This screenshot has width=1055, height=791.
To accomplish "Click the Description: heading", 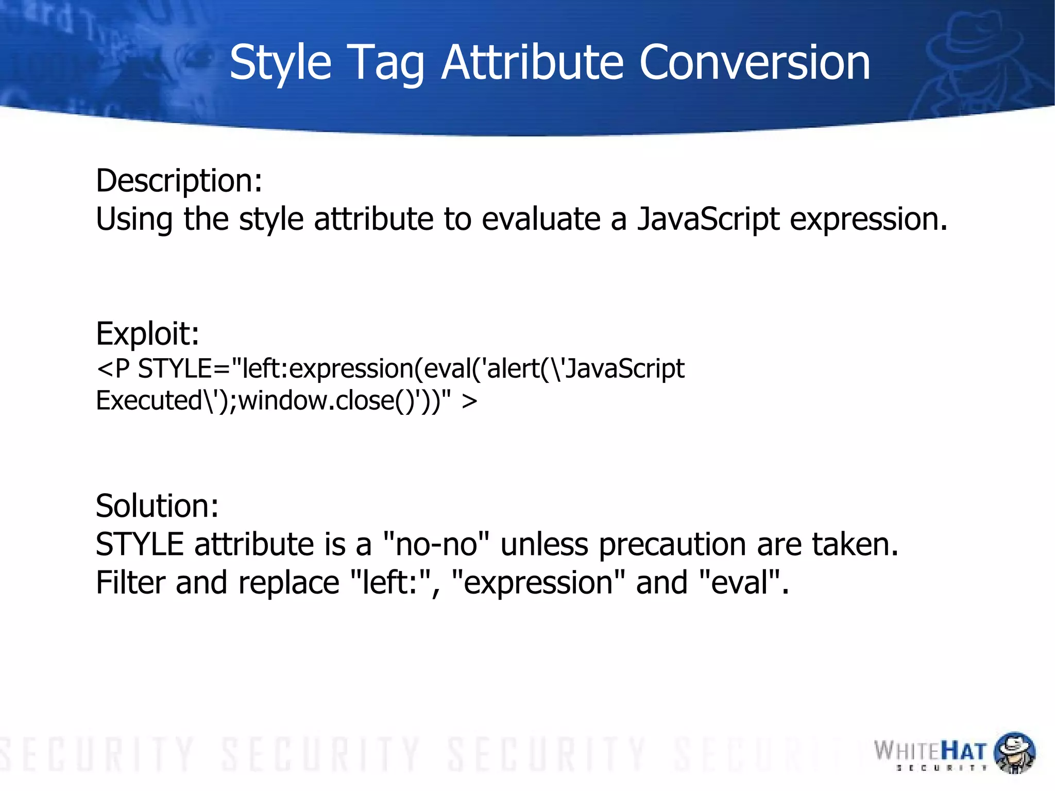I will [179, 181].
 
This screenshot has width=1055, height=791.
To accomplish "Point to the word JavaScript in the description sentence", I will [708, 220].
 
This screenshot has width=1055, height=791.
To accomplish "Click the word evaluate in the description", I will [540, 220].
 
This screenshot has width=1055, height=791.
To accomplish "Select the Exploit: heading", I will [147, 333].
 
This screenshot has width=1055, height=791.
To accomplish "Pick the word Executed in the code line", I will [149, 401].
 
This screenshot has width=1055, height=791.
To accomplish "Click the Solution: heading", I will [157, 506].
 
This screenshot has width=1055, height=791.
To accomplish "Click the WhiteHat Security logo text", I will [930, 752].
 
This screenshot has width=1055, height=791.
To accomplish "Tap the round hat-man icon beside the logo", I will [1014, 752].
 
